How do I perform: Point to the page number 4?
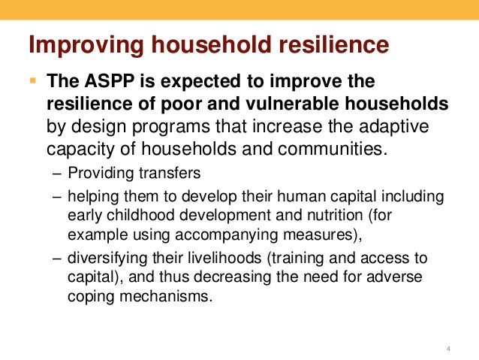447,347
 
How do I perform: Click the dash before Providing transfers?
59,173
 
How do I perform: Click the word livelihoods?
230,258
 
